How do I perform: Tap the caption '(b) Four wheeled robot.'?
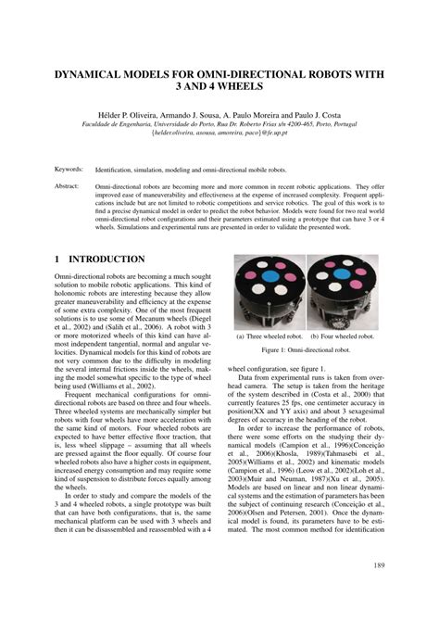point(340,336)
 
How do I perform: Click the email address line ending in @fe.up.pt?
point(219,131)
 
